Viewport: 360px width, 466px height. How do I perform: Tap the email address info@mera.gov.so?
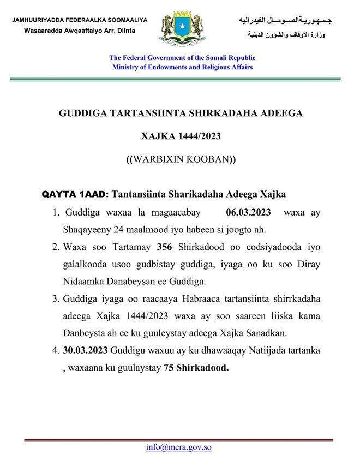178,447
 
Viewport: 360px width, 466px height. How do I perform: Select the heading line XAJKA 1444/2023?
181,136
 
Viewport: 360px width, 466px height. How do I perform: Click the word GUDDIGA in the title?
83,112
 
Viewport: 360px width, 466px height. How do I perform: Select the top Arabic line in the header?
285,21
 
